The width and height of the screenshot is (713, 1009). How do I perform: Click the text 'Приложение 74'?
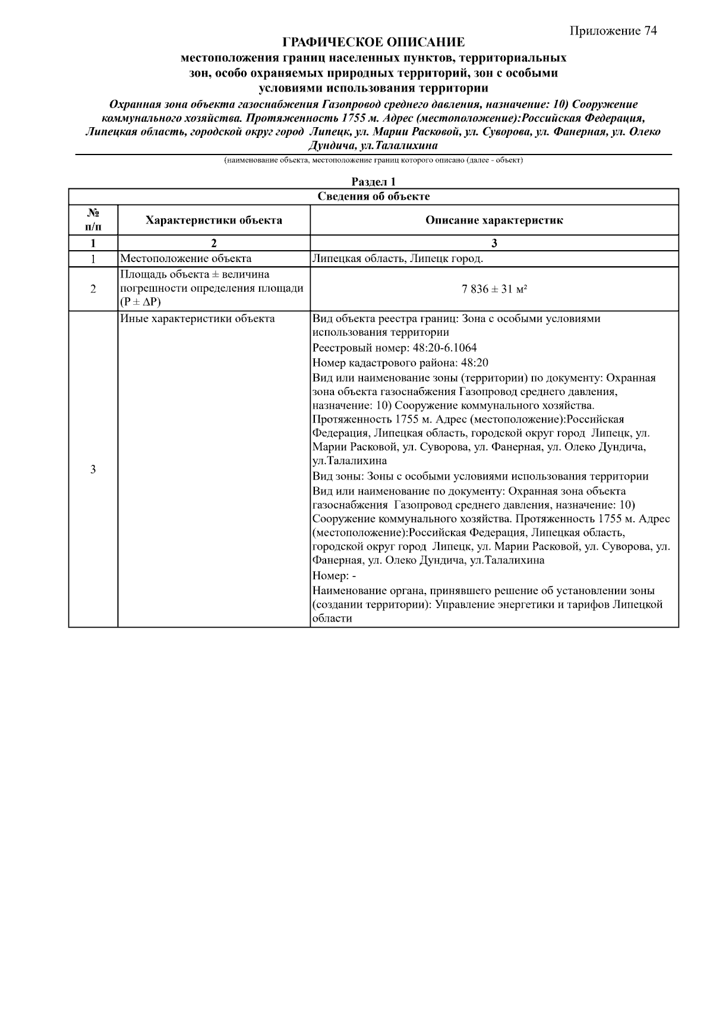(x=613, y=31)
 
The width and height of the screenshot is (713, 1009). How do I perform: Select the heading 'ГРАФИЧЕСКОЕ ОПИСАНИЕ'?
(x=373, y=43)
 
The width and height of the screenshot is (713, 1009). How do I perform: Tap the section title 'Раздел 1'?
(x=373, y=182)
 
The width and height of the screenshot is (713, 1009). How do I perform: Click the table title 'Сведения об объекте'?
(x=373, y=197)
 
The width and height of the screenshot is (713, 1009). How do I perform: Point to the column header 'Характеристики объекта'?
(x=214, y=220)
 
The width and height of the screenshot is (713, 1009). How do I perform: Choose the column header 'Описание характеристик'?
(x=494, y=220)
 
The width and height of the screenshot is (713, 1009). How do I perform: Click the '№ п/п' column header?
(x=93, y=220)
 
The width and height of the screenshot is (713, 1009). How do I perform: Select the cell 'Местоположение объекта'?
(x=186, y=258)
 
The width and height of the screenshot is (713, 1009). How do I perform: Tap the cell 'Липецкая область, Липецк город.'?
(x=397, y=258)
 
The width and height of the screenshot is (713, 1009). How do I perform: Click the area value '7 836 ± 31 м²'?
(x=494, y=289)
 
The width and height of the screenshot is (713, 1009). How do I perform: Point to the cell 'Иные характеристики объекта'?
(x=198, y=319)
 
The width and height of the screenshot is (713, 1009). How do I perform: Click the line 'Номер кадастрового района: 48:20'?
(x=400, y=362)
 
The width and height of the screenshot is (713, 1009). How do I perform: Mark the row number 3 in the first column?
(x=93, y=469)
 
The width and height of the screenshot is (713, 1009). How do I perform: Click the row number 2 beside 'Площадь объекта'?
(x=93, y=289)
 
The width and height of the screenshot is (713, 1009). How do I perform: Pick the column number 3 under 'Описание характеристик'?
(x=494, y=243)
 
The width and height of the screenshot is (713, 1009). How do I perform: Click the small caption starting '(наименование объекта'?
(x=373, y=160)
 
